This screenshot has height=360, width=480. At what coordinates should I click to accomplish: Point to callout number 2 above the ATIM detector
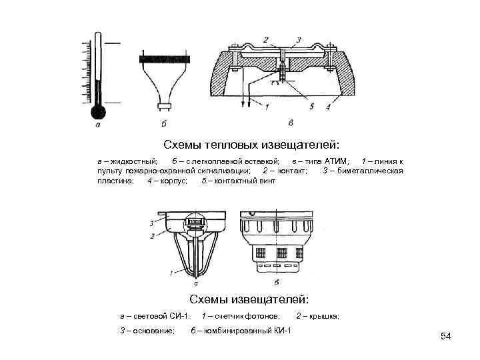click(265, 41)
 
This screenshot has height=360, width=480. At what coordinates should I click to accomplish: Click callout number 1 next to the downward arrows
click(267, 106)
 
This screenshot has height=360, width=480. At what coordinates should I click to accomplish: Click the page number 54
click(446, 336)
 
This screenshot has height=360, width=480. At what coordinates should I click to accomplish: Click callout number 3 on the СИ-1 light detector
click(153, 223)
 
